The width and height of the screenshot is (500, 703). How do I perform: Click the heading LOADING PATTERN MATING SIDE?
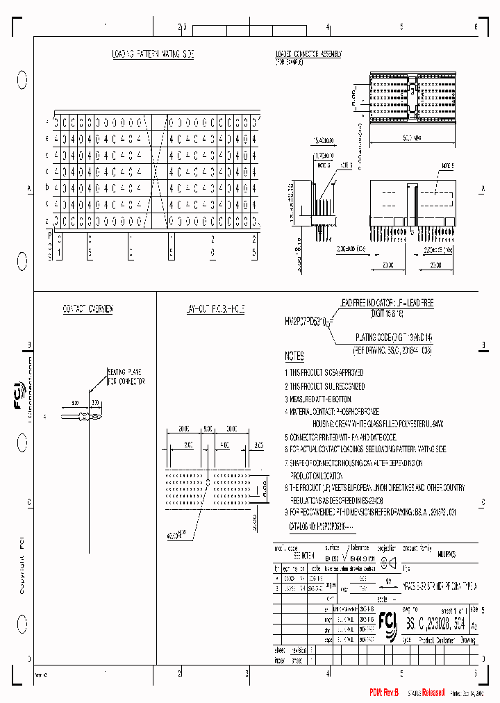tap(153, 53)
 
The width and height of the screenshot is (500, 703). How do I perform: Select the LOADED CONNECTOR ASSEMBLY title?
tap(308, 53)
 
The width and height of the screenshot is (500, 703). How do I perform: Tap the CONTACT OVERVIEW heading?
tap(88, 308)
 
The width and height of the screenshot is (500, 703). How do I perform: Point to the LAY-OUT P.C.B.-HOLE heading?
tap(215, 308)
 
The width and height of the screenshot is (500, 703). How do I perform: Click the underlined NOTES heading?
tap(294, 356)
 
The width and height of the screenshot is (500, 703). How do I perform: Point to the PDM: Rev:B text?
tap(383, 693)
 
